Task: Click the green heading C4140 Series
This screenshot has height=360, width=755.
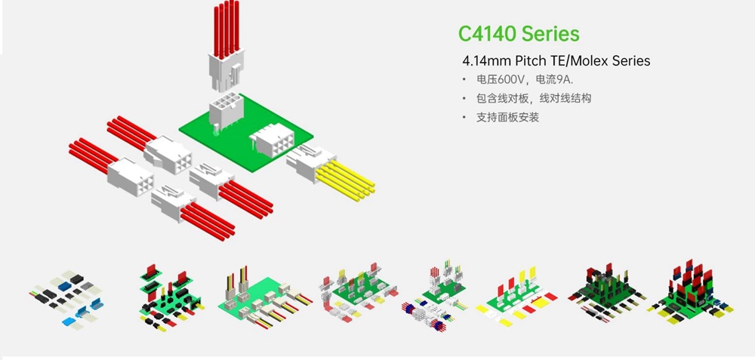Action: [519, 34]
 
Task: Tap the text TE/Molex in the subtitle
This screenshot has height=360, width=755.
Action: [580, 60]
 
